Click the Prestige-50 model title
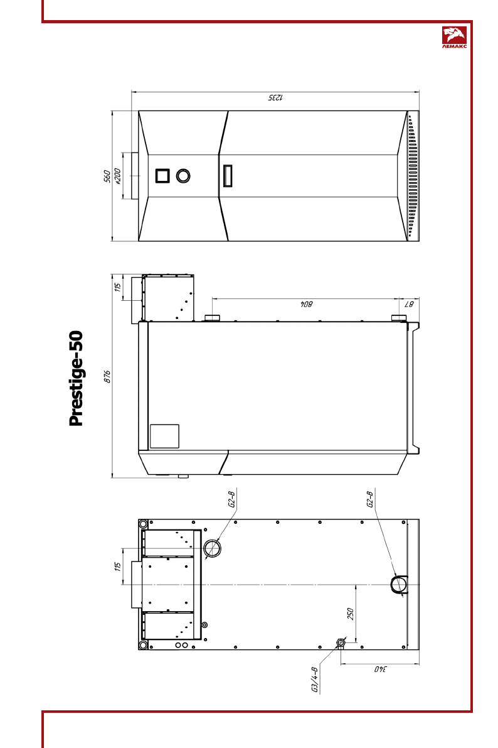(77, 378)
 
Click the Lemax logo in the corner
(454, 38)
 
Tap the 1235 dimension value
(275, 98)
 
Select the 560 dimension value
(107, 176)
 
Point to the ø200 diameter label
(118, 176)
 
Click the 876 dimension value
(107, 376)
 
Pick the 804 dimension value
(306, 304)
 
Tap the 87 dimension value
(409, 304)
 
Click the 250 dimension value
(350, 614)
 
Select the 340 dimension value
(380, 669)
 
